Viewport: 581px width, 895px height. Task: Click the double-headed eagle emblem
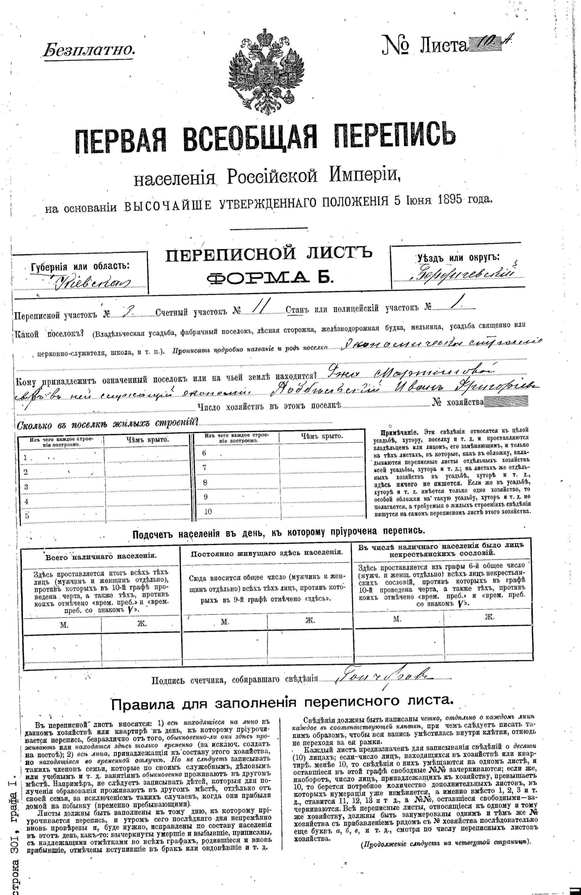266,70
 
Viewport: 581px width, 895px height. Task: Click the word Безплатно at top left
88,50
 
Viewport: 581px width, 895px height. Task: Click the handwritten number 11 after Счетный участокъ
260,309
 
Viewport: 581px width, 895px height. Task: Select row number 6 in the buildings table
204,453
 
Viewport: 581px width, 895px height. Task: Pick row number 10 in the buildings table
208,511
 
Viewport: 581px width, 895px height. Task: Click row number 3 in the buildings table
26,487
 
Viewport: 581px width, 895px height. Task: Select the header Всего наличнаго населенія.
101,556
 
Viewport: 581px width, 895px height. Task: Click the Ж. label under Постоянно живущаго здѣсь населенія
310,620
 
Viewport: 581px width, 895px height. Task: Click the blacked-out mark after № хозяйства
506,402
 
